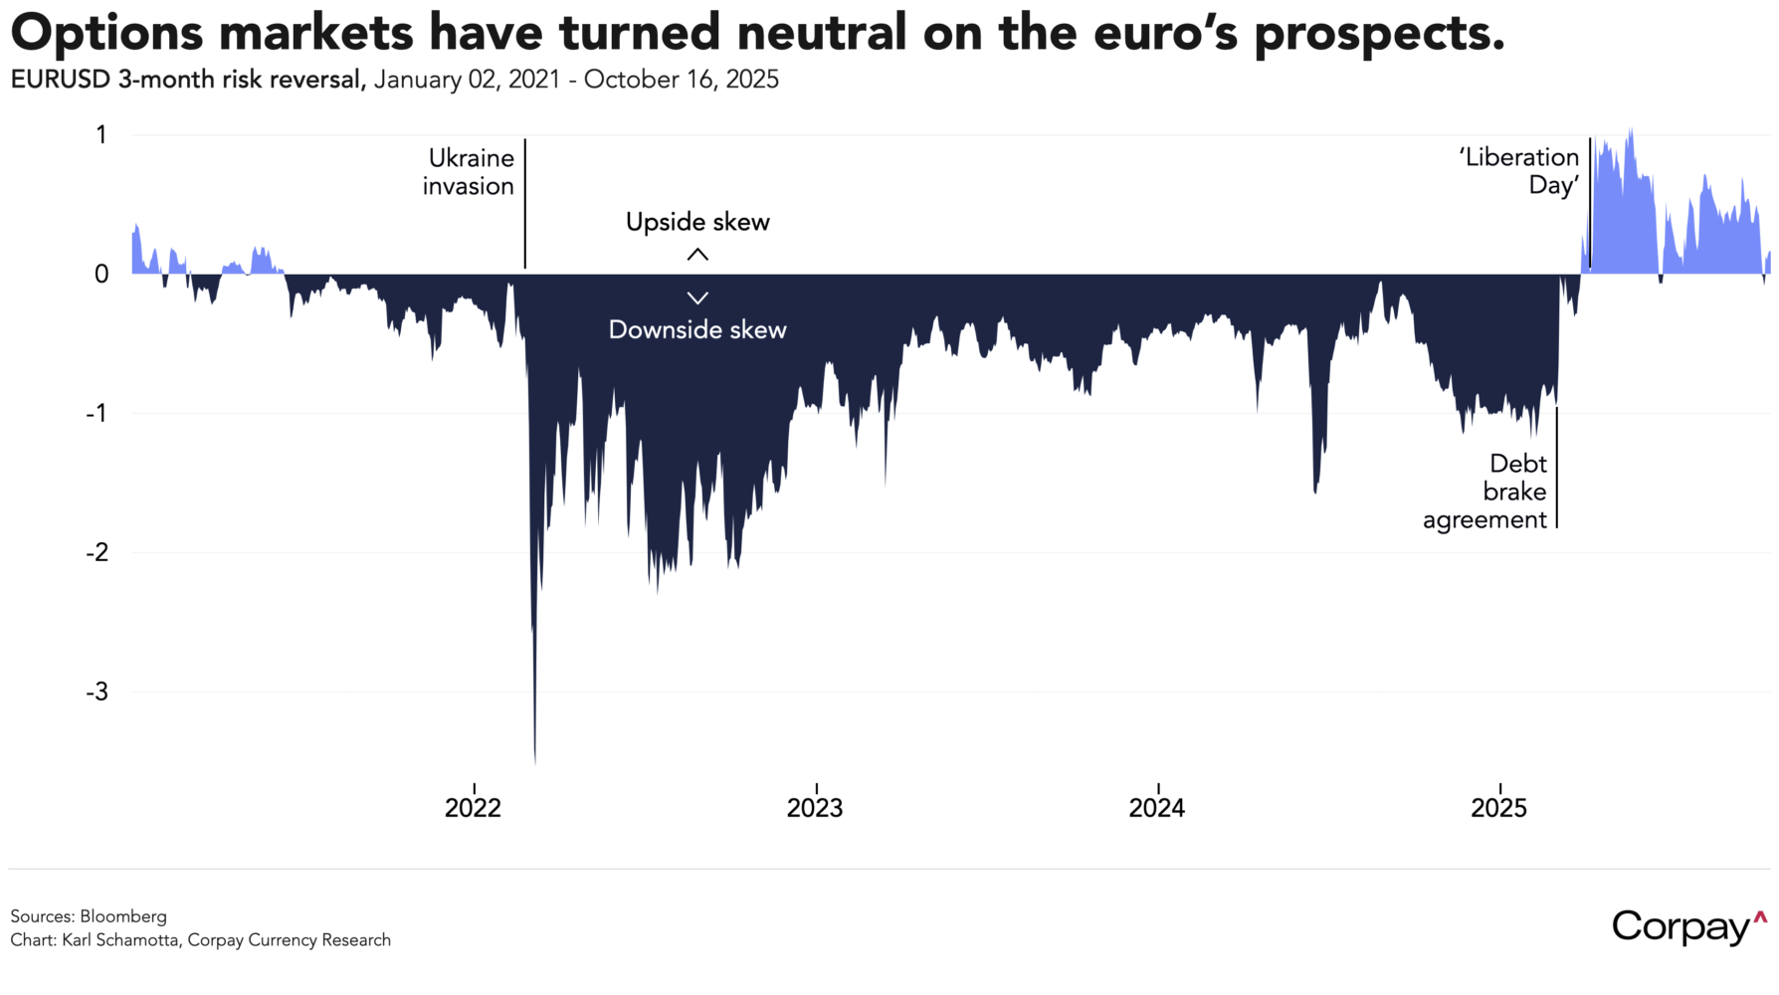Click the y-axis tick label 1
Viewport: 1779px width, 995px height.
[101, 134]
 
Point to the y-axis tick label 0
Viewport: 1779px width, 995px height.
[101, 274]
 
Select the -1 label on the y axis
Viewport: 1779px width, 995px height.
[97, 413]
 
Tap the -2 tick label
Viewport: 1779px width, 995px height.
[97, 552]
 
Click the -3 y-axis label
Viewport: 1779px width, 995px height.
[97, 692]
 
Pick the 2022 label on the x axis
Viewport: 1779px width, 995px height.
[473, 808]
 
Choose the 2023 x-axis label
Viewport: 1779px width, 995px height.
[815, 808]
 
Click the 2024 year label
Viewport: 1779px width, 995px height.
[1157, 808]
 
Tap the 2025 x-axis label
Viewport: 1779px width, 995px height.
[1498, 808]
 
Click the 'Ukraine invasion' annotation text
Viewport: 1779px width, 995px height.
[470, 172]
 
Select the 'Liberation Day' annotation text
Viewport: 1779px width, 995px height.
[1520, 171]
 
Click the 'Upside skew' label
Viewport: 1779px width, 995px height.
[697, 222]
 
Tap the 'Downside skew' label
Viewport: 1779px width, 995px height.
[697, 330]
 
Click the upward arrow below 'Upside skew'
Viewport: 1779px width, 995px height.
[697, 255]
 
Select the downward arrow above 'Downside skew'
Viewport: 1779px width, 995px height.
[697, 298]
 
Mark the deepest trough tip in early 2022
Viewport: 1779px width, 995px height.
[535, 761]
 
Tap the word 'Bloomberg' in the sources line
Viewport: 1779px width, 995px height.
[123, 916]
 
